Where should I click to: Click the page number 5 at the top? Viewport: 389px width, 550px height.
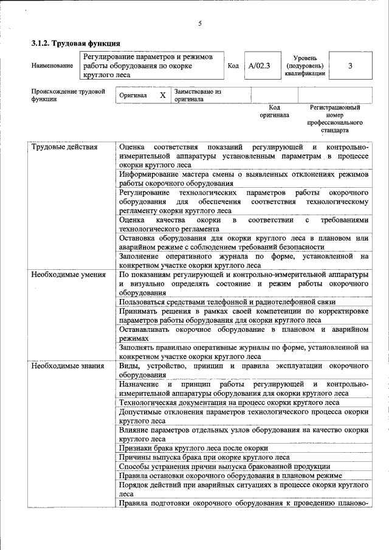point(199,24)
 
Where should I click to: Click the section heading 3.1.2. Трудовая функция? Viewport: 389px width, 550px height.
point(76,44)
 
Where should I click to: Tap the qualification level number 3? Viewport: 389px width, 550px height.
point(350,66)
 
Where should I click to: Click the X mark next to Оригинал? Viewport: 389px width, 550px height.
point(162,95)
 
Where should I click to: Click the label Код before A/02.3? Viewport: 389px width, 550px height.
point(233,66)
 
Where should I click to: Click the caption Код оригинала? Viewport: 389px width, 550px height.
point(274,111)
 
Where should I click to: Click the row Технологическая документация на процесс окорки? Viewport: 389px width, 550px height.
point(229,402)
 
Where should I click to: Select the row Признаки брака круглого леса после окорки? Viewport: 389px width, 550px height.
point(193,448)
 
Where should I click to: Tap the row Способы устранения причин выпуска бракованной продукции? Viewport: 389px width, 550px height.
point(226,466)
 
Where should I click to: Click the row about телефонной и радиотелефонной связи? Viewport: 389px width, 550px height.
point(227,302)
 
